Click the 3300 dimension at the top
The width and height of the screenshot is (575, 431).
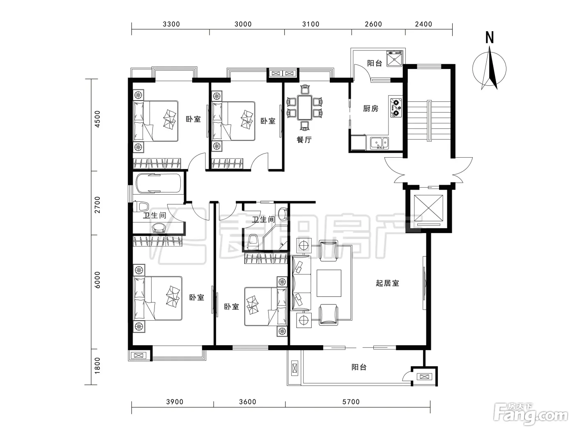click(171, 24)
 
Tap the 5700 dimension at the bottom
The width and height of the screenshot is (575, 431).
click(351, 402)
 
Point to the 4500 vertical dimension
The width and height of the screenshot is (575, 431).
click(97, 119)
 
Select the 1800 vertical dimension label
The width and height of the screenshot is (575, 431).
click(97, 366)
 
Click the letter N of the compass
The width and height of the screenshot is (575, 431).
click(489, 37)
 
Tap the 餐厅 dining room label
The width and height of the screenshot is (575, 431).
click(304, 140)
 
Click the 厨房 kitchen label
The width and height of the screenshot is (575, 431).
click(371, 108)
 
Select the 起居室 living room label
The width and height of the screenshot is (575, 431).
click(387, 283)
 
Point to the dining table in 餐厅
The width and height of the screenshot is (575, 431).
click(304, 108)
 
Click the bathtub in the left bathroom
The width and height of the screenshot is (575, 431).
click(158, 183)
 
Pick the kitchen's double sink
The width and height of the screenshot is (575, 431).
click(379, 143)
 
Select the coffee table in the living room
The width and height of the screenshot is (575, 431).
click(329, 283)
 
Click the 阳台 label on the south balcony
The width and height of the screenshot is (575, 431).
click(359, 367)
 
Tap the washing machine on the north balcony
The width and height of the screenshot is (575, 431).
click(394, 59)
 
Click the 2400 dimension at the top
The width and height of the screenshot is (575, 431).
click(423, 24)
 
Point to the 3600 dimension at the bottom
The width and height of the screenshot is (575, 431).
click(248, 402)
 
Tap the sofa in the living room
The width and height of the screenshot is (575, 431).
click(301, 283)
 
